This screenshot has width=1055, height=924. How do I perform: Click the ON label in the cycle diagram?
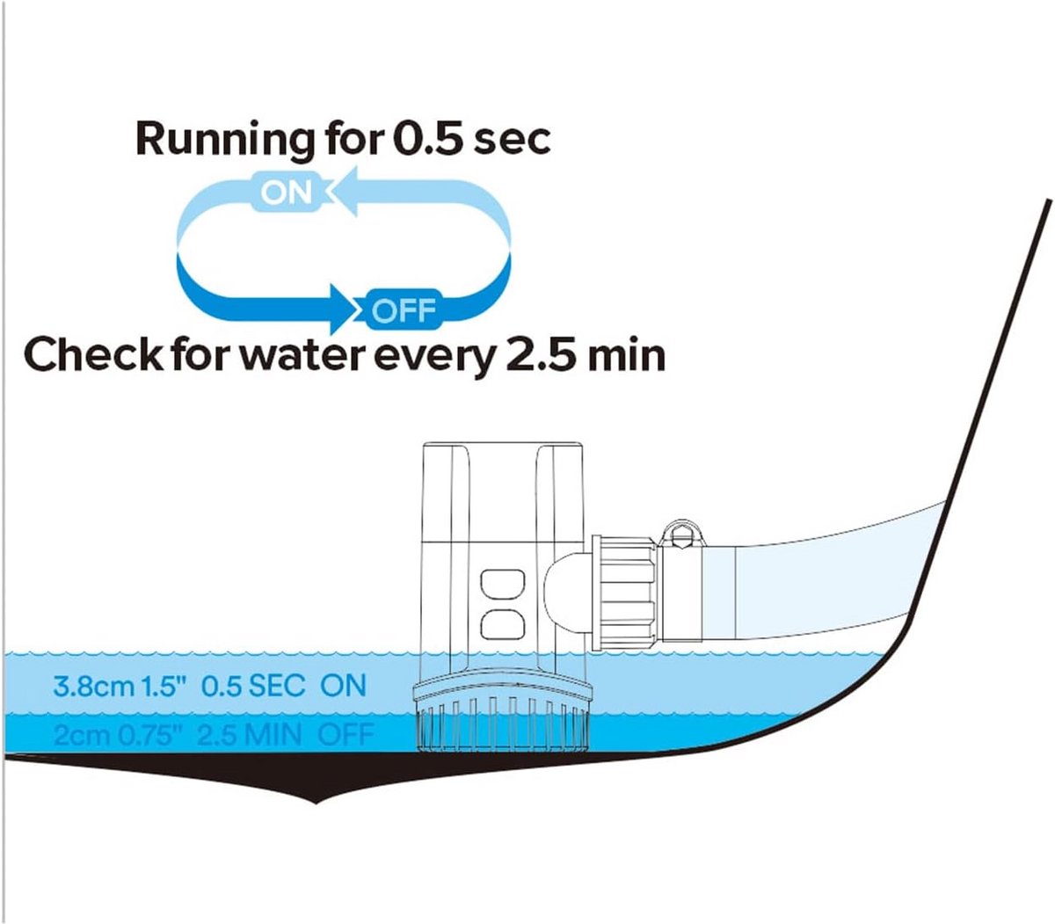pos(287,193)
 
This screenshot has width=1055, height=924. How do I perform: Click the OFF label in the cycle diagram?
pos(404,310)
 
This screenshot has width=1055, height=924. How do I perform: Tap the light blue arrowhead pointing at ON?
pos(344,191)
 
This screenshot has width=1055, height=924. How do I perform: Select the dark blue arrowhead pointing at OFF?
pos(344,309)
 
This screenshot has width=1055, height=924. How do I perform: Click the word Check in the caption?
pos(93,354)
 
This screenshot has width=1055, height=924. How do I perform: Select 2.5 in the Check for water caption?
pos(540,354)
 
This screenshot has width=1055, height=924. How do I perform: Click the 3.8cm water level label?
pos(94,687)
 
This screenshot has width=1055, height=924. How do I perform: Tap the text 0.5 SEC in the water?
pos(252,686)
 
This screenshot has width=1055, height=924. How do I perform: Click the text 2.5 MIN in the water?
pos(249,735)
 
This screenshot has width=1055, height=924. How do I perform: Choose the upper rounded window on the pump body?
pos(502,584)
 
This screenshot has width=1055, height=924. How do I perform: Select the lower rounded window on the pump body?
pos(502,624)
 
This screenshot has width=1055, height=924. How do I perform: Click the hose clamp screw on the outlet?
pos(680,535)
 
